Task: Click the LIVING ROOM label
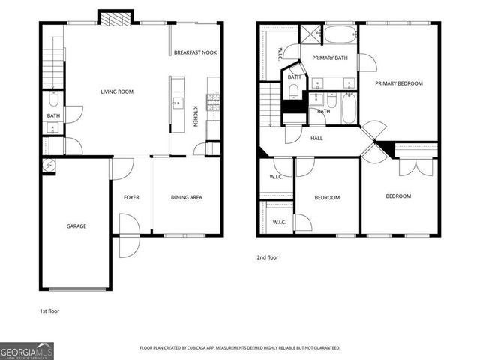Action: coord(116,91)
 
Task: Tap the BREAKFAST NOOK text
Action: coord(195,52)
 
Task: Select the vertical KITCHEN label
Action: coord(196,115)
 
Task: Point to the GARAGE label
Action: coord(76,226)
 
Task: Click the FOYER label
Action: coord(131,197)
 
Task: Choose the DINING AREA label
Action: coord(187,197)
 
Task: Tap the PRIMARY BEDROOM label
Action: coord(399,83)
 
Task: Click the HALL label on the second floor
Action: coord(316,138)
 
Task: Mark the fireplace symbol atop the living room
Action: coord(115,19)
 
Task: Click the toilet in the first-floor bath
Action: coord(52,99)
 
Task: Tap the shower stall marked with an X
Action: coord(309,34)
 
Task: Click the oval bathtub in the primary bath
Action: coord(340,34)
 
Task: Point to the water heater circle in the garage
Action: coord(49,166)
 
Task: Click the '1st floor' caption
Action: coord(50,310)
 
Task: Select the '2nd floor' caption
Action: coord(268,256)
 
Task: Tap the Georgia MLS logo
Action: coord(27,350)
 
